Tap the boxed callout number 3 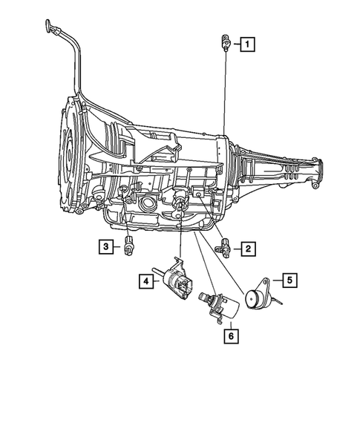108,246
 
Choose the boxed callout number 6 231,336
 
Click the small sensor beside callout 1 223,43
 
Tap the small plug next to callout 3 129,246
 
